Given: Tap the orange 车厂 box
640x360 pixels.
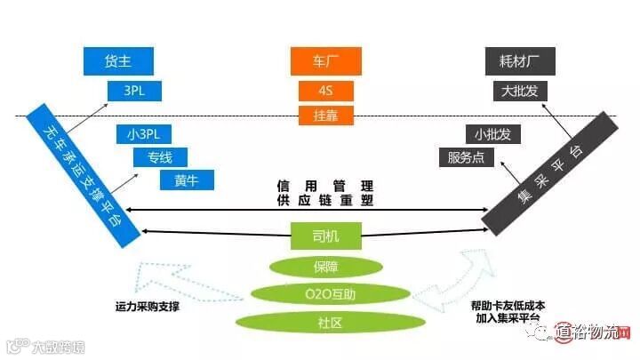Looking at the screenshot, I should (x=325, y=61).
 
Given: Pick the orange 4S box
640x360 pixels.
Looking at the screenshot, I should (x=325, y=91).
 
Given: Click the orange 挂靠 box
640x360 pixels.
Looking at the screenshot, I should (x=325, y=115).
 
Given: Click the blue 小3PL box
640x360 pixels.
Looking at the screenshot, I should (x=143, y=135).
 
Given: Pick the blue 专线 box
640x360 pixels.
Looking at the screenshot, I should (x=161, y=158).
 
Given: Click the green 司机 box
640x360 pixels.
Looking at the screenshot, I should (x=326, y=236).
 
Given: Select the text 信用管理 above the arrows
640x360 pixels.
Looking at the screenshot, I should (x=324, y=187).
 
